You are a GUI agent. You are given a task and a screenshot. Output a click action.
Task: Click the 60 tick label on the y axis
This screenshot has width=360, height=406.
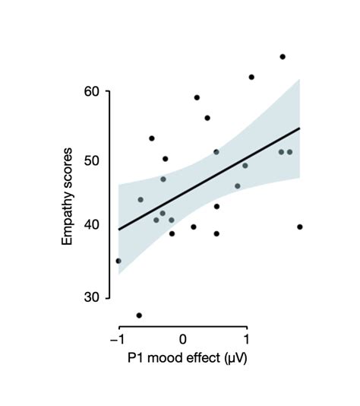coord(92,91)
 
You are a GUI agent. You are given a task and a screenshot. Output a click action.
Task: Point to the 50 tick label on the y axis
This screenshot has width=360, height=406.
coord(92,160)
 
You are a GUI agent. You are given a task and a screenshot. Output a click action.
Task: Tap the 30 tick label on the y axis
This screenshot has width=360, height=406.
coord(92,297)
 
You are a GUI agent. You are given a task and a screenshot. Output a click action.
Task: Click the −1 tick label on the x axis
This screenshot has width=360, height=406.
coord(117,338)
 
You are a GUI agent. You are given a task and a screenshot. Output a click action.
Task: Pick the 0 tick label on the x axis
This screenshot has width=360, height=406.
coord(183,338)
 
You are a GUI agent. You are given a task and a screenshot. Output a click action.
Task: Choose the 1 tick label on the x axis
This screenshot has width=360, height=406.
coord(246,338)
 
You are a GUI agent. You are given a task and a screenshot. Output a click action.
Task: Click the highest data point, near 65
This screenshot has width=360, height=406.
coord(283,56)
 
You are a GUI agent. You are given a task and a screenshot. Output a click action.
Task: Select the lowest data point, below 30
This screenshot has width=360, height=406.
coord(139,315)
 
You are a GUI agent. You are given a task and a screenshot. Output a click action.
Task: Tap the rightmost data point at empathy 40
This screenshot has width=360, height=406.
coord(300,227)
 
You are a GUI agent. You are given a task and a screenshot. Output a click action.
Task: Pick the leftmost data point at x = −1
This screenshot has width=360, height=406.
coord(118,261)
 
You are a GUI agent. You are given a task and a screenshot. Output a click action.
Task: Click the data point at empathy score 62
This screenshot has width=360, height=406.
coord(251,77)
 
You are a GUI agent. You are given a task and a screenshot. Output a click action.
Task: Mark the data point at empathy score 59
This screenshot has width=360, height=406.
coord(197,97)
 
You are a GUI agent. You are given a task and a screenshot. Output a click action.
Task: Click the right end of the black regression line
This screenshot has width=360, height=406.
coord(300,128)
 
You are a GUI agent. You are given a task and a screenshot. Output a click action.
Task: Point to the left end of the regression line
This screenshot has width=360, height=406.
coord(118,229)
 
